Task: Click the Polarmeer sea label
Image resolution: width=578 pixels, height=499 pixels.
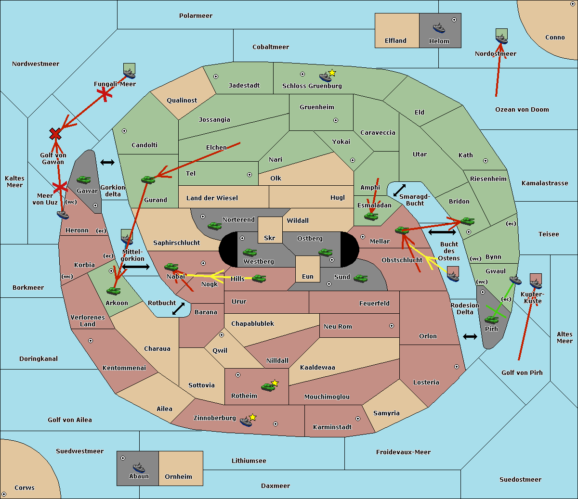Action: (x=196, y=16)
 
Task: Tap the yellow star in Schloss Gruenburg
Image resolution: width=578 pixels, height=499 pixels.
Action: (x=332, y=73)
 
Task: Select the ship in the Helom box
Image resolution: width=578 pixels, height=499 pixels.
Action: (x=438, y=28)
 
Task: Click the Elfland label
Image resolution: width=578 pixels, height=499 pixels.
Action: (x=395, y=41)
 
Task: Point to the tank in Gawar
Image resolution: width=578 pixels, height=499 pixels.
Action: (x=84, y=180)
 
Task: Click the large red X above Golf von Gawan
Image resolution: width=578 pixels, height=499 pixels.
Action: (x=55, y=134)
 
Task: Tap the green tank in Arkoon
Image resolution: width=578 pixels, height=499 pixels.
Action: (x=113, y=291)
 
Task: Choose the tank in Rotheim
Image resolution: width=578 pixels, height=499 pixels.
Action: (x=268, y=386)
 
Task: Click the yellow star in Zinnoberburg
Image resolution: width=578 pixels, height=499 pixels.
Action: (x=252, y=417)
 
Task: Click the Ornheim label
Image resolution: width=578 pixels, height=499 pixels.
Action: (x=178, y=477)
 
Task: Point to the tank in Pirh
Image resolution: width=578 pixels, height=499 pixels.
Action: (x=491, y=320)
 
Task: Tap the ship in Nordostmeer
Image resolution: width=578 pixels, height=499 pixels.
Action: (x=501, y=37)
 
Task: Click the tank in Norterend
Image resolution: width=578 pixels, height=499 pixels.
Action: (x=214, y=226)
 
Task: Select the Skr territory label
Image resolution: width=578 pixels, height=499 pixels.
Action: (x=270, y=238)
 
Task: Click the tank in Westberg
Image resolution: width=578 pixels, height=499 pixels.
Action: (x=250, y=252)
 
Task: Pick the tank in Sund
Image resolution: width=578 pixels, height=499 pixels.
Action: (x=360, y=278)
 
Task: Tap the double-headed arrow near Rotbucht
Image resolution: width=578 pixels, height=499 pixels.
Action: (x=178, y=309)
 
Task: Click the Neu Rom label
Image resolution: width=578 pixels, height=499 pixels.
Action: (x=338, y=327)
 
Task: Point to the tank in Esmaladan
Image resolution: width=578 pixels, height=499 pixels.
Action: (x=371, y=217)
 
